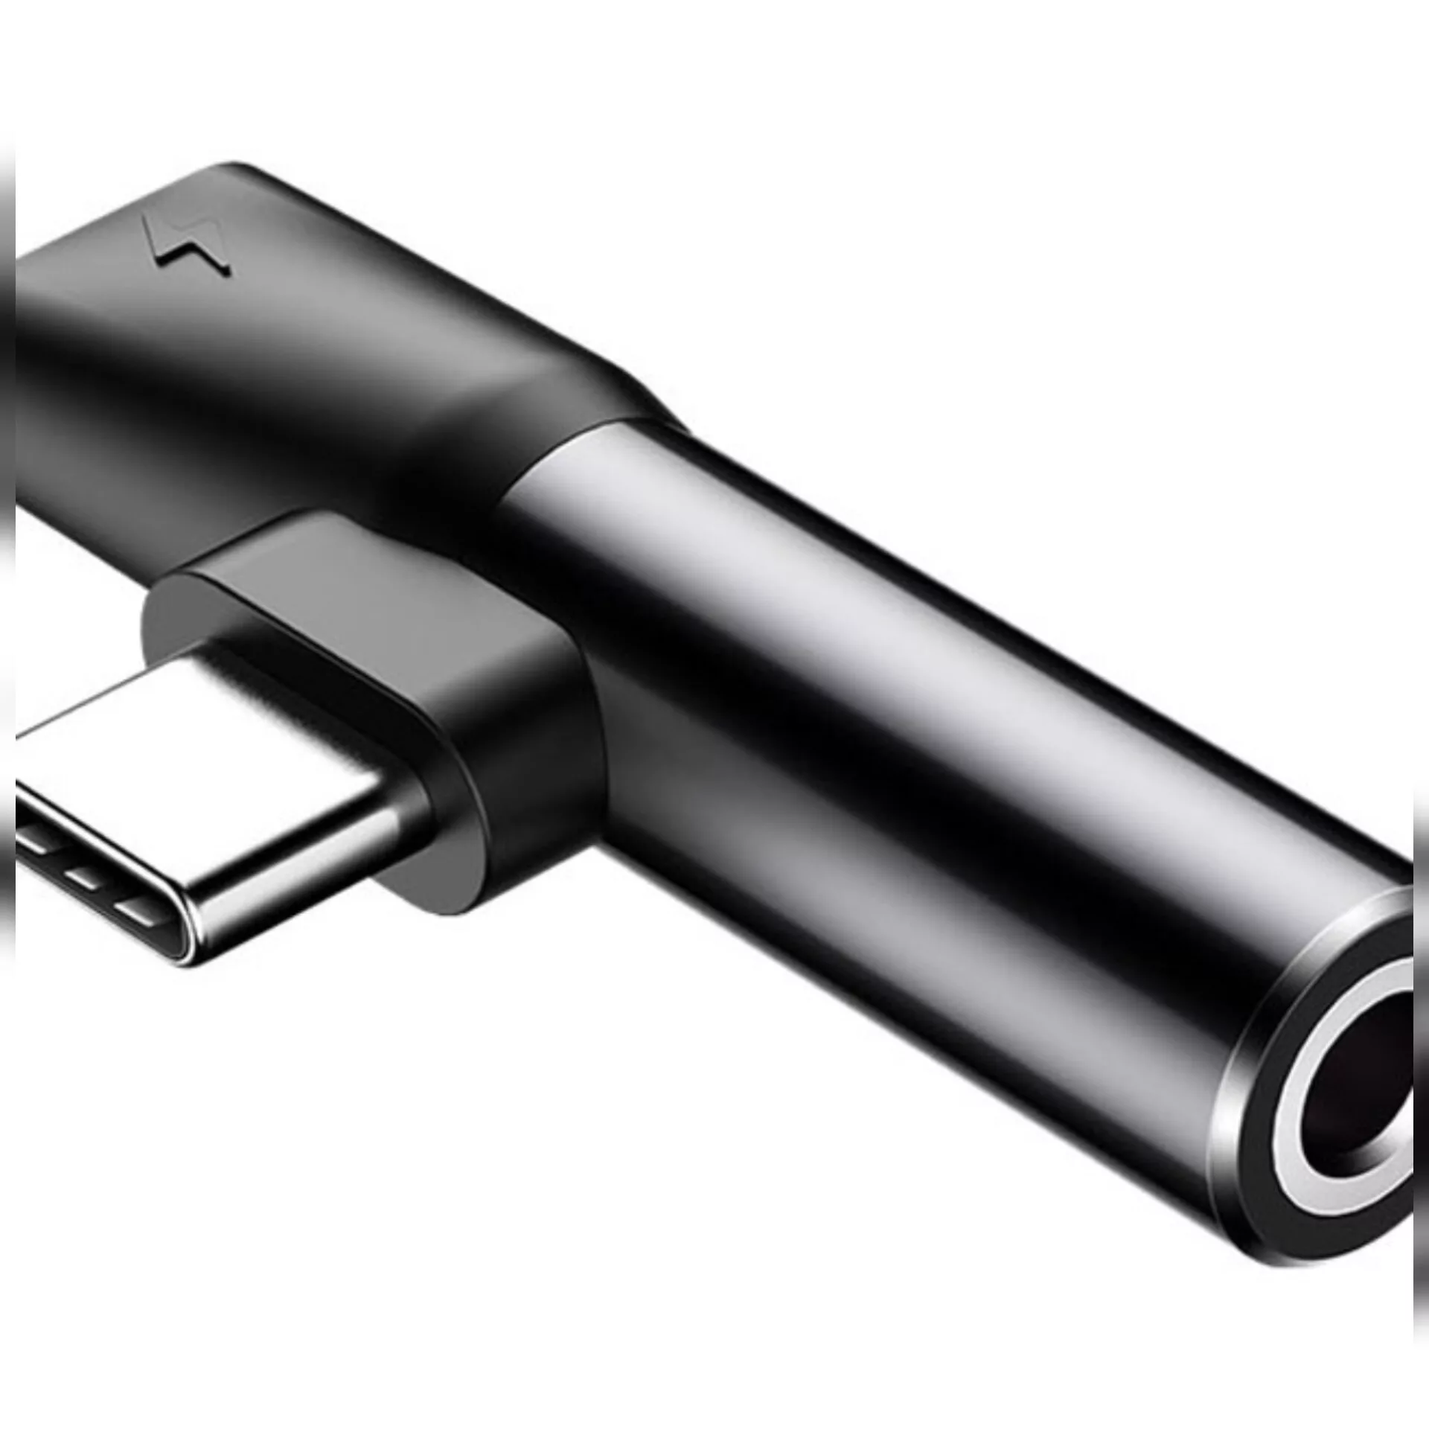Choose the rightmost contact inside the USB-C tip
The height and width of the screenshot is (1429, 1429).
tap(138, 907)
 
